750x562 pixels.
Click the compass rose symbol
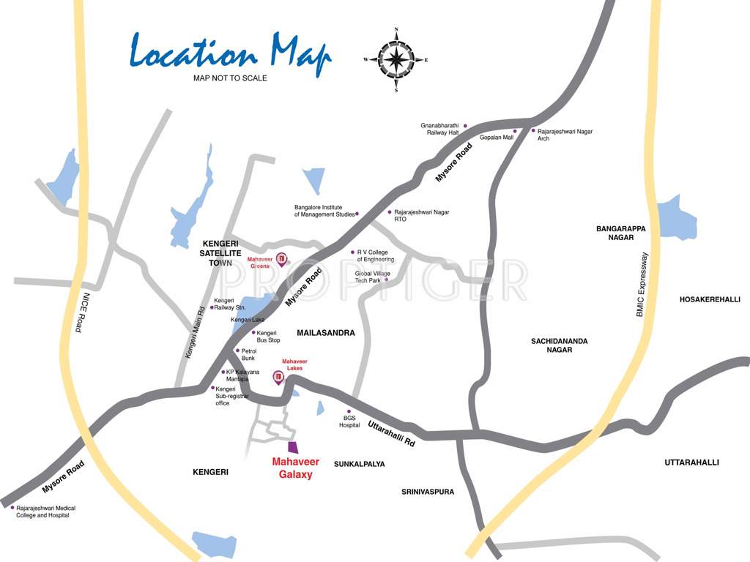[396, 60]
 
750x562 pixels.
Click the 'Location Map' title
[231, 53]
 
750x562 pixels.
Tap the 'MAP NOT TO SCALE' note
[230, 78]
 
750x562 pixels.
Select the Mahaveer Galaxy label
[292, 468]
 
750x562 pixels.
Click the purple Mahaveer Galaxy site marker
[292, 447]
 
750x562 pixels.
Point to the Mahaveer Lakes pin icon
[278, 378]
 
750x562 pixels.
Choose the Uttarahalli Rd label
[391, 433]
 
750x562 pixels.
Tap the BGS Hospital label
[349, 421]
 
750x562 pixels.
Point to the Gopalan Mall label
[496, 137]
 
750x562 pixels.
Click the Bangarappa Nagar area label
[620, 233]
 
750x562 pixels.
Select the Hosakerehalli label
[710, 299]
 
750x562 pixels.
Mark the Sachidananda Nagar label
[560, 345]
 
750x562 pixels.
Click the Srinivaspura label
[428, 492]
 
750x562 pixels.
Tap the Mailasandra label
[326, 333]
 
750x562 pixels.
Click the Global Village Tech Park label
[373, 277]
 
